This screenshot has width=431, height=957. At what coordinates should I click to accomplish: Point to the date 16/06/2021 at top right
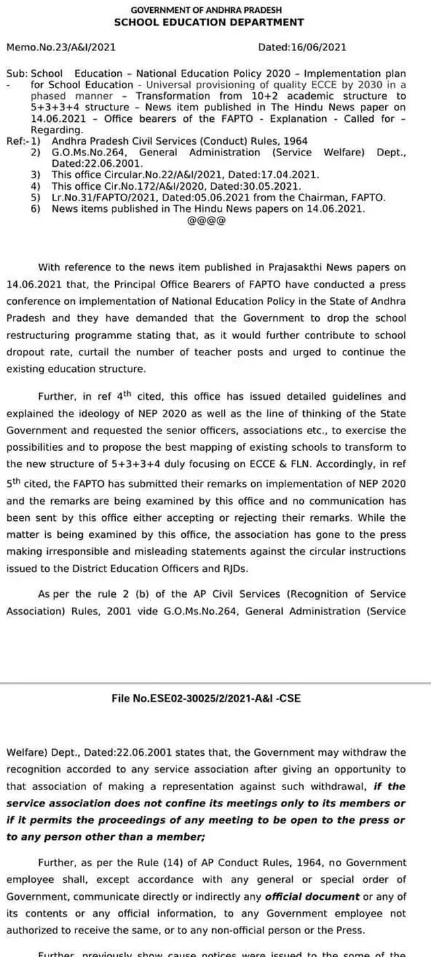point(322,48)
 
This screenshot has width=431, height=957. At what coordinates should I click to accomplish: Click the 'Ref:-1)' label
point(23,141)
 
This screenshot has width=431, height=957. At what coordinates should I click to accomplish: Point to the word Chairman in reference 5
point(330,197)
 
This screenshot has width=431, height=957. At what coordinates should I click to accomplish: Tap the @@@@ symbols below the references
point(201,221)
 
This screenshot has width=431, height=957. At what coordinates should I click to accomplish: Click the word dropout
point(26,352)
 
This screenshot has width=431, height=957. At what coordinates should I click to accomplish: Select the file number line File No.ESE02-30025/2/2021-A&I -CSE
point(206,699)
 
